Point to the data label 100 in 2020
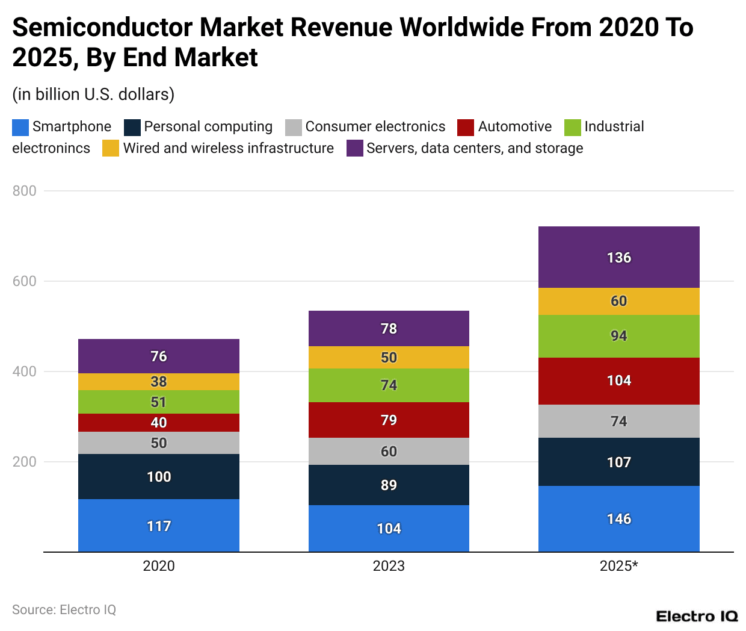tap(159, 477)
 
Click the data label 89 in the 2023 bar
tap(389, 485)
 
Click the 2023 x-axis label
tap(389, 566)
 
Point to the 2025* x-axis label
tap(618, 566)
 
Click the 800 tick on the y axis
tap(25, 191)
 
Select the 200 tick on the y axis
tap(25, 462)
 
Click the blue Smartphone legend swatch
tap(20, 127)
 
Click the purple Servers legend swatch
tap(355, 148)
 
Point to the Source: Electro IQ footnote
tap(64, 610)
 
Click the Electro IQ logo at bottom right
tap(697, 617)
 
